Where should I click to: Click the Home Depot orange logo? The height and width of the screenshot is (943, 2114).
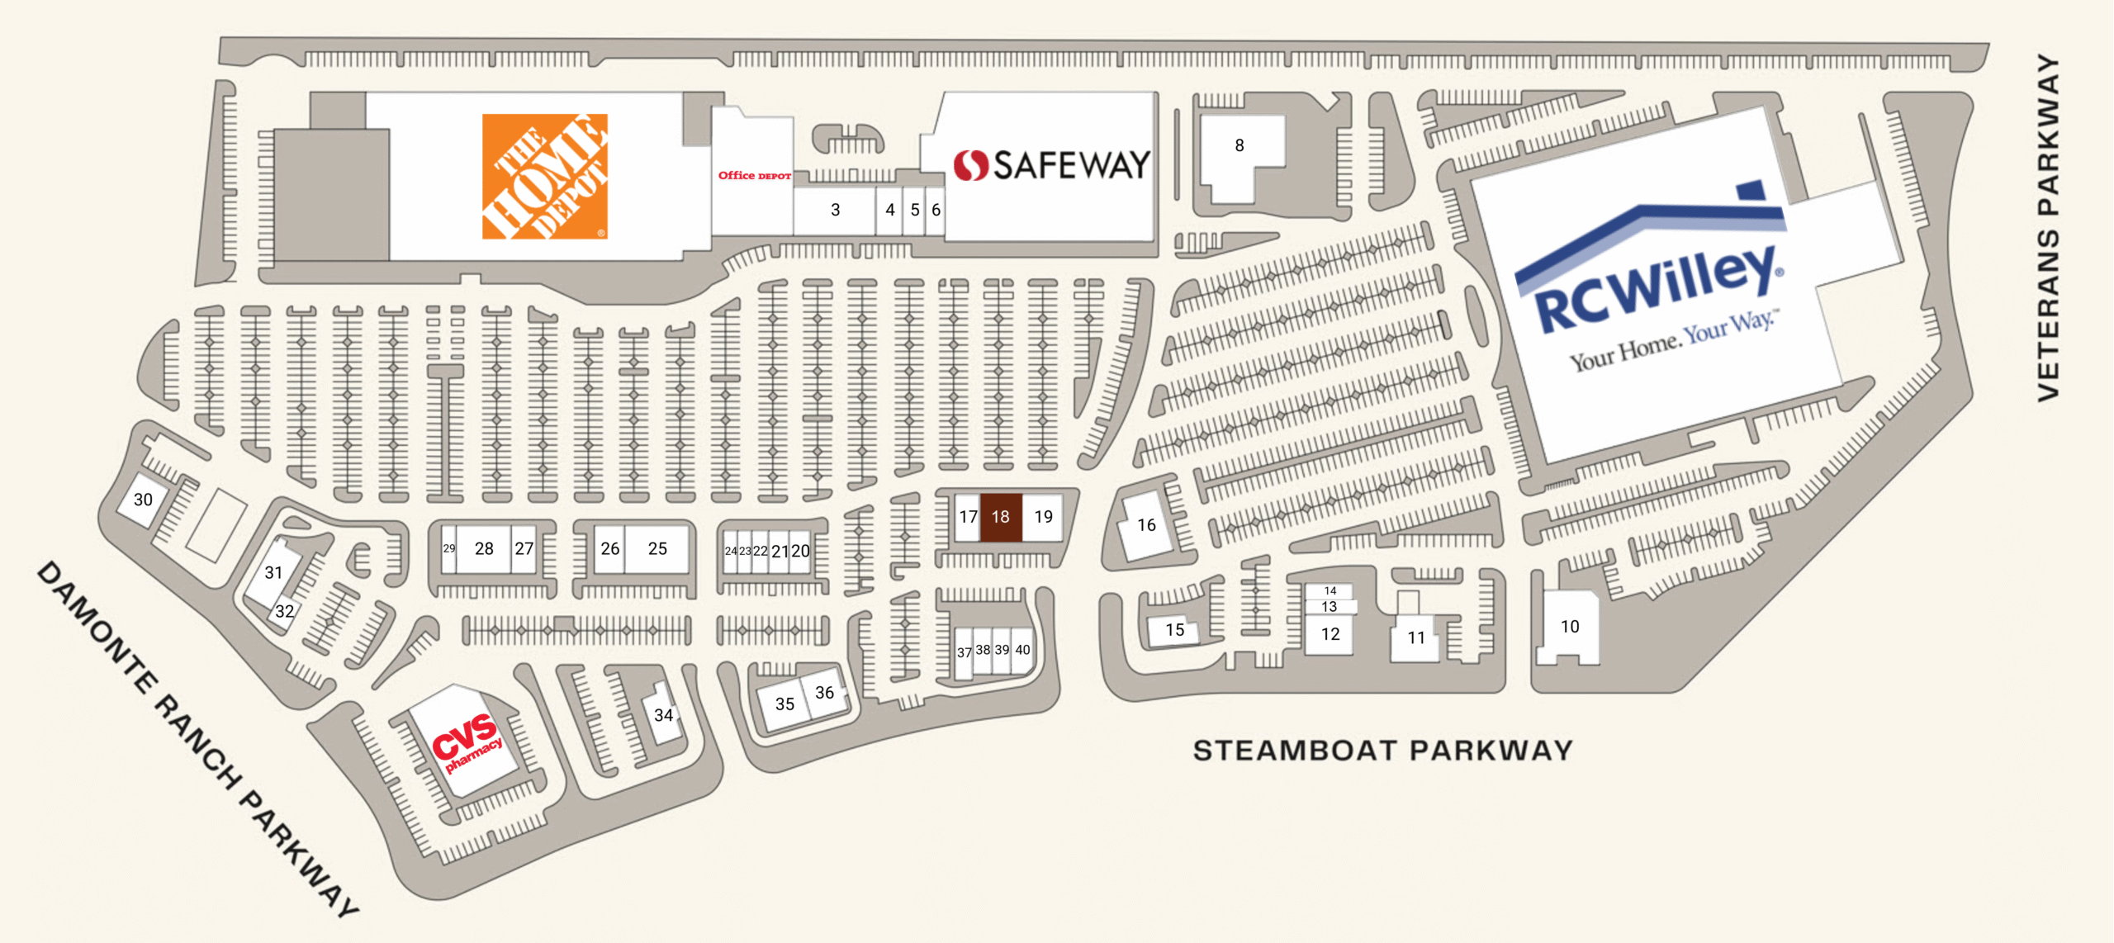[x=544, y=177]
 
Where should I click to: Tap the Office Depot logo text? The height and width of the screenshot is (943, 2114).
[x=754, y=176]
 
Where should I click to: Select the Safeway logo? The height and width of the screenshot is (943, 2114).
[x=1051, y=165]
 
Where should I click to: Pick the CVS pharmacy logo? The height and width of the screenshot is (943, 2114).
[x=467, y=742]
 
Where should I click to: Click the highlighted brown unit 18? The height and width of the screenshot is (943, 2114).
[x=1000, y=517]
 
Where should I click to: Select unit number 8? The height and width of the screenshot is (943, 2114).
[x=1239, y=146]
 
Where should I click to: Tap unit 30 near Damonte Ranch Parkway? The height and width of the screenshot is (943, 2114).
[x=143, y=500]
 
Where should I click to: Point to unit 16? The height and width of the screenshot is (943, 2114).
[x=1146, y=525]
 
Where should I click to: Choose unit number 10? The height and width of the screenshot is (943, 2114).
[x=1569, y=627]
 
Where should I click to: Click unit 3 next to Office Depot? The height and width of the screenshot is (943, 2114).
[x=835, y=211]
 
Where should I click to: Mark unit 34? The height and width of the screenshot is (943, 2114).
[x=663, y=715]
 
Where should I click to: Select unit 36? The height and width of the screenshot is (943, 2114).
[x=824, y=693]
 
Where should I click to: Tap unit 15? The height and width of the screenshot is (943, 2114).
[x=1174, y=630]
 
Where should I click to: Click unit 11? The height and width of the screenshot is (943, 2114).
[x=1416, y=637]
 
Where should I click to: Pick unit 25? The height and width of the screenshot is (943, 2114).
[x=657, y=548]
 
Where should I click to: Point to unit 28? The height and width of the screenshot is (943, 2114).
[x=484, y=548]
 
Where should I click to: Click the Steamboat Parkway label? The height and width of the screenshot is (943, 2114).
[x=1382, y=751]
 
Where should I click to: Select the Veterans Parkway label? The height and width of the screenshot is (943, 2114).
[x=2047, y=228]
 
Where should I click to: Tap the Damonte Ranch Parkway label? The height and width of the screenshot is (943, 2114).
[x=198, y=739]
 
